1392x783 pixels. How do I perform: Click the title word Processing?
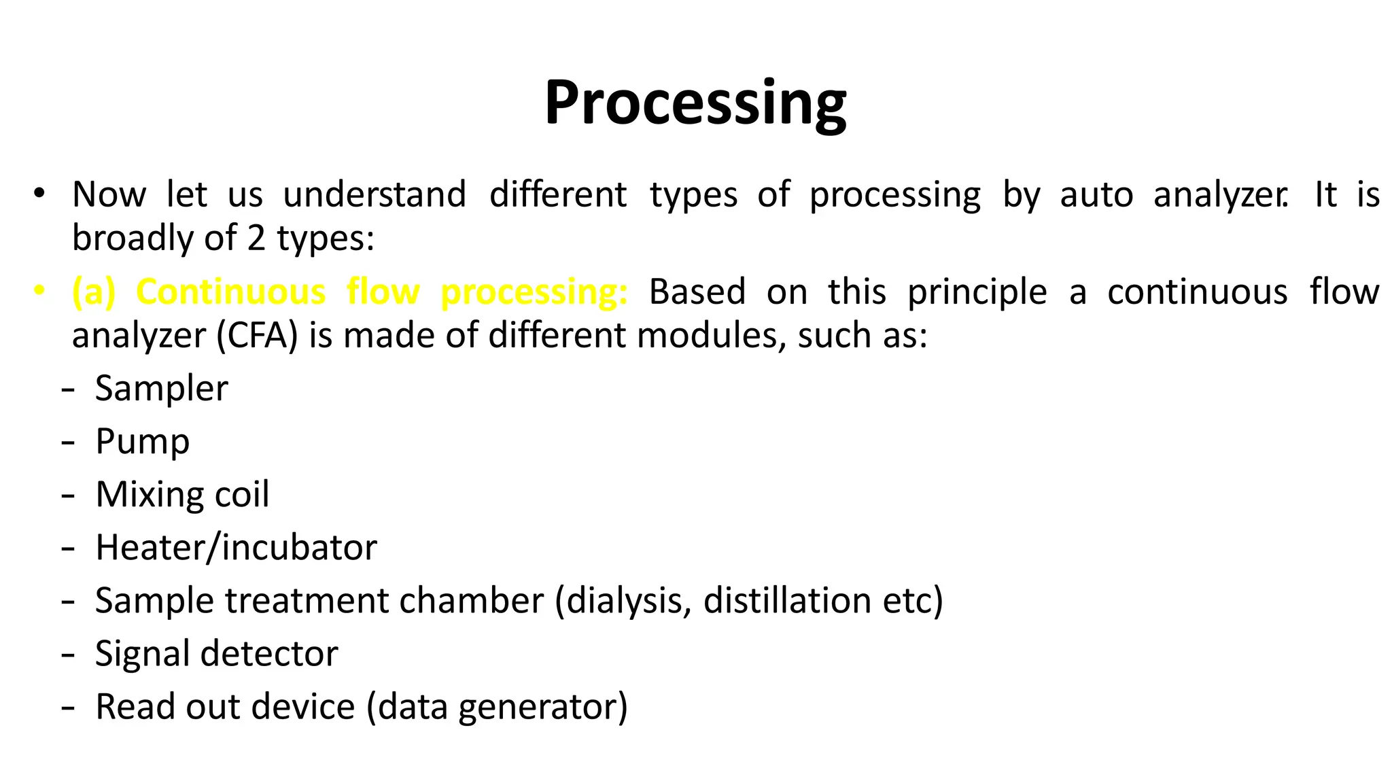click(x=695, y=103)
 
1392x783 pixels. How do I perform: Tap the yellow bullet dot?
click(x=39, y=291)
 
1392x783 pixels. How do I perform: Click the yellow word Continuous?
click(x=230, y=292)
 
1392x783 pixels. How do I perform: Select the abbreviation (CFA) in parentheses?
click(x=257, y=336)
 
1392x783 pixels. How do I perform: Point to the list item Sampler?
click(x=161, y=389)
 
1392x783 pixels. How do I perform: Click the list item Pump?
click(x=142, y=442)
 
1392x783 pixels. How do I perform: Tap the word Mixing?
click(x=144, y=495)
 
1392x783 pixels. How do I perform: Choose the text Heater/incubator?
click(x=236, y=548)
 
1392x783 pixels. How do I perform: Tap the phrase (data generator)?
click(x=497, y=707)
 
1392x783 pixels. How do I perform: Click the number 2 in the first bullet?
click(x=256, y=238)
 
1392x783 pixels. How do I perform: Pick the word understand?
click(x=375, y=195)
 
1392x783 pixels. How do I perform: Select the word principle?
click(x=977, y=292)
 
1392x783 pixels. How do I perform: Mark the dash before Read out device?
click(x=67, y=707)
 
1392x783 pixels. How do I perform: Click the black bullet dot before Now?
click(x=39, y=194)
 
